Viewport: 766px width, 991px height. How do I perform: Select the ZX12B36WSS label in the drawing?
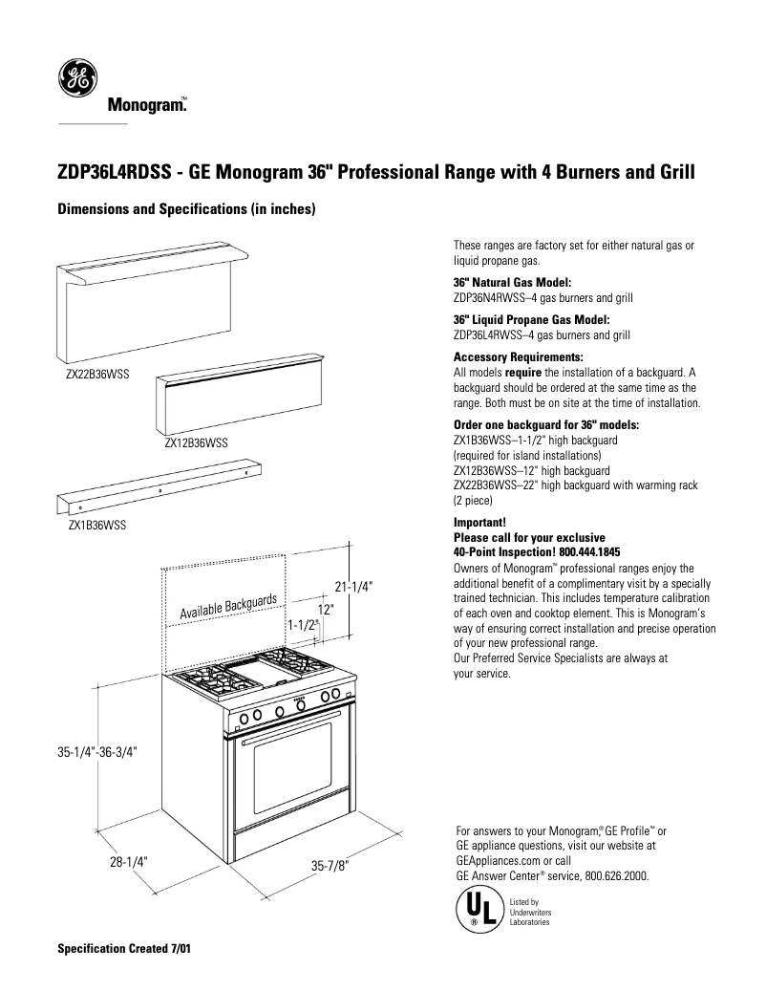tap(195, 443)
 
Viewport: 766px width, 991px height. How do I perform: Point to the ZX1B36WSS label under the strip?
tap(96, 526)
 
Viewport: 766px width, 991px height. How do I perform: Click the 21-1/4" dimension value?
tap(352, 587)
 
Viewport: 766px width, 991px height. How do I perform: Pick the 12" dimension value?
tap(326, 609)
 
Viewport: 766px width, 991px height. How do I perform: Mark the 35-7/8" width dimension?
tap(330, 866)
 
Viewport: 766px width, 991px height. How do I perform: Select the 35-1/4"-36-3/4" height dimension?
tap(97, 751)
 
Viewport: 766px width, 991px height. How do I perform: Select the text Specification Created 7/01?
tap(124, 952)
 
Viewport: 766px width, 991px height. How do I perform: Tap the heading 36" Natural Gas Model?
tap(512, 283)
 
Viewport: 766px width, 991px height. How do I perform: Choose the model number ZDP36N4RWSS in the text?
tap(486, 298)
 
